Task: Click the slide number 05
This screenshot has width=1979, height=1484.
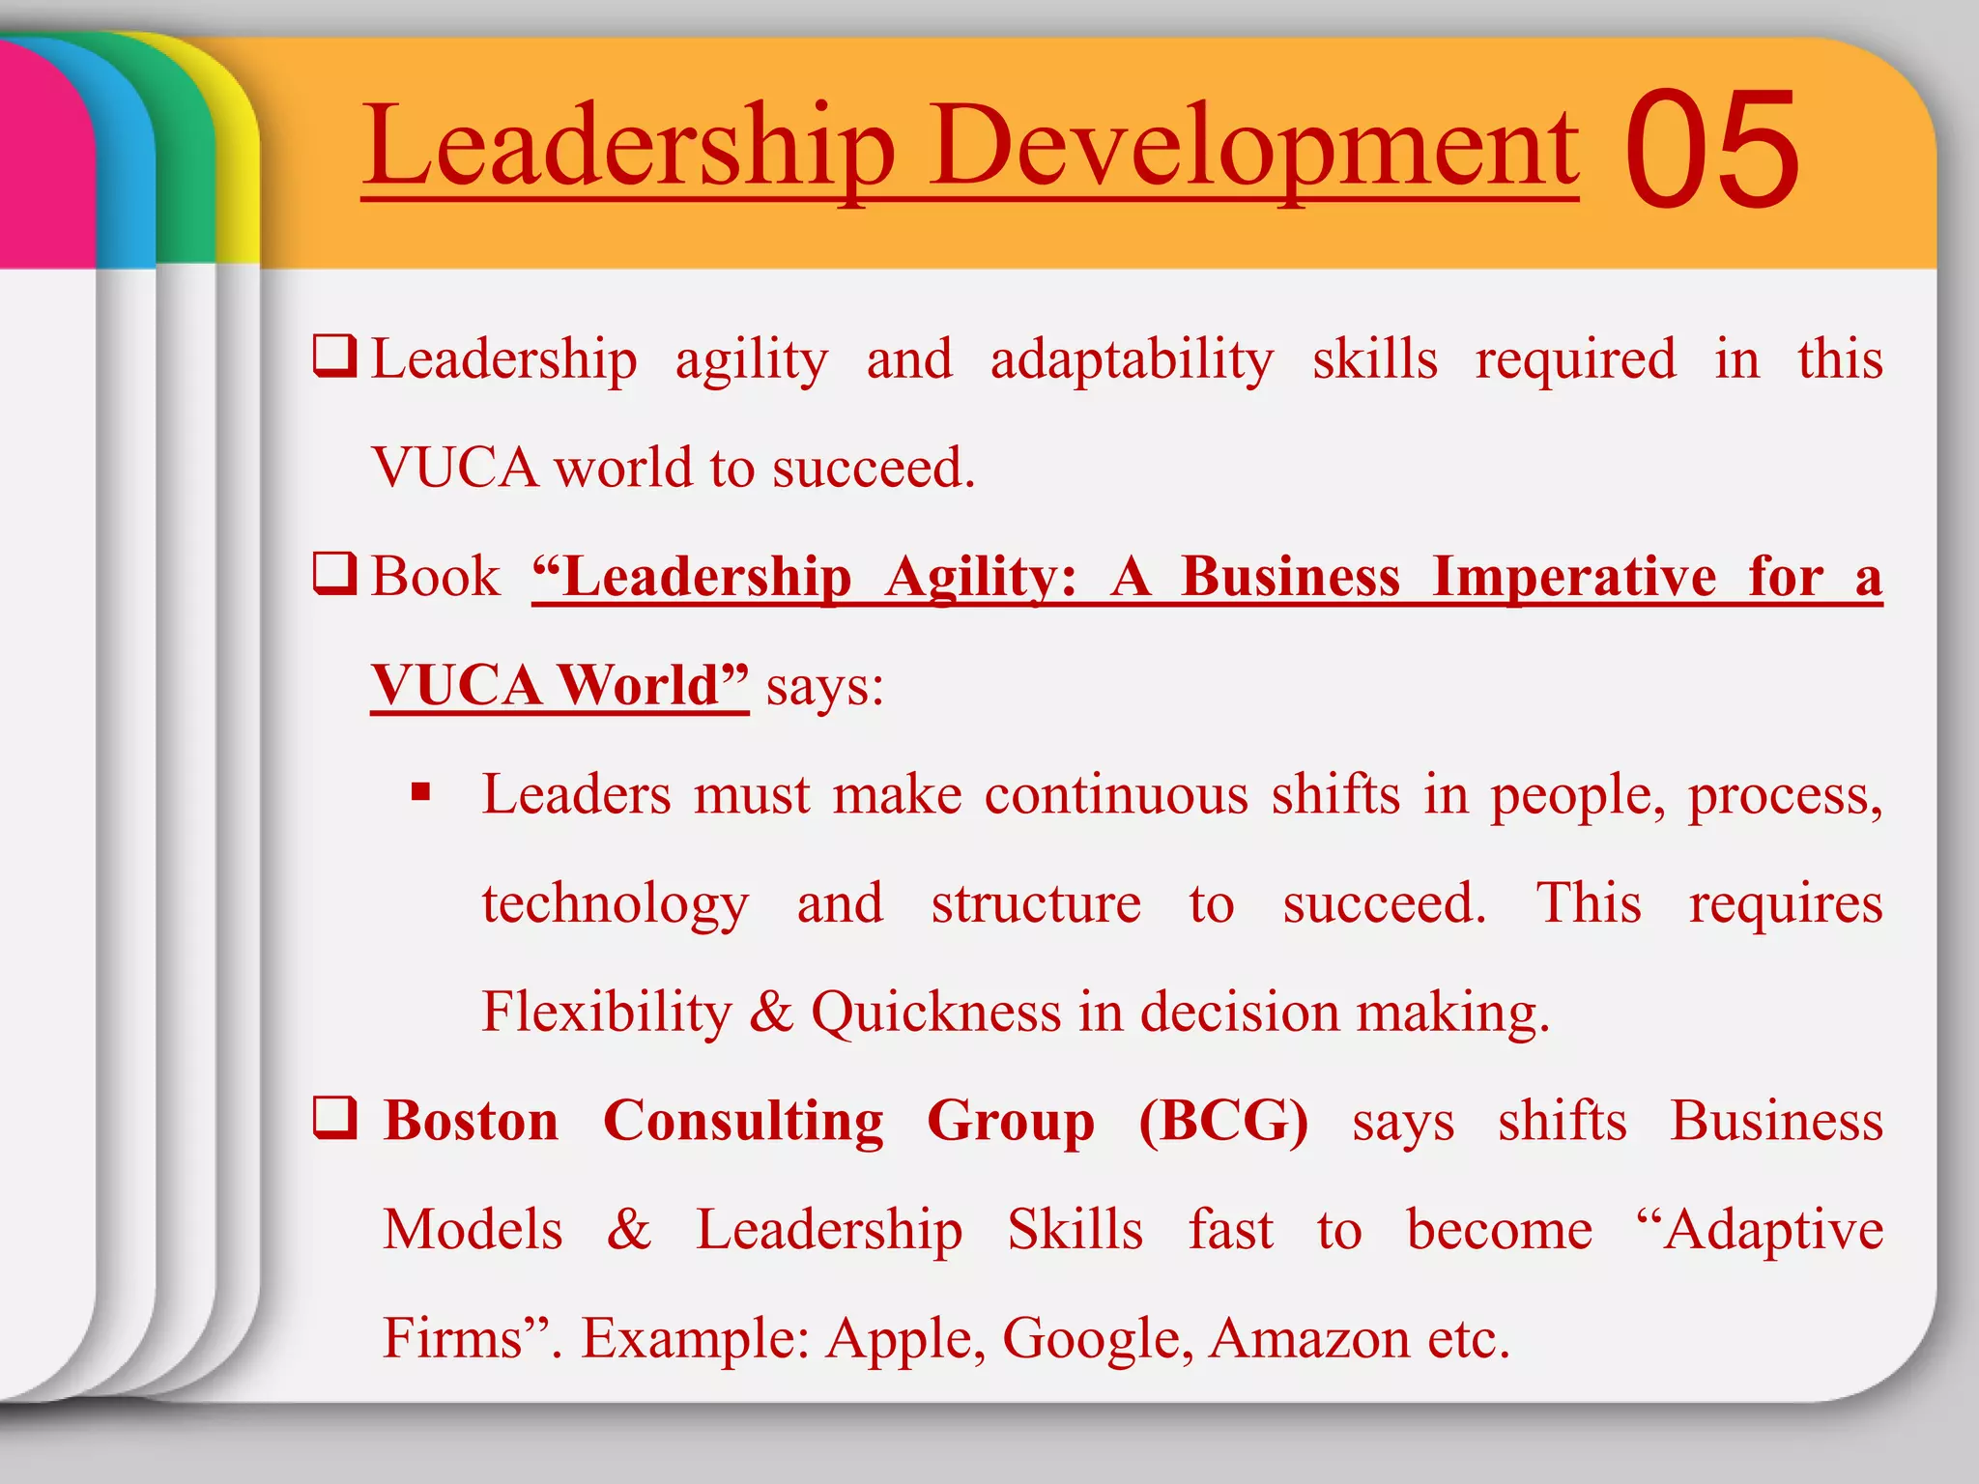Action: pyautogui.click(x=1711, y=149)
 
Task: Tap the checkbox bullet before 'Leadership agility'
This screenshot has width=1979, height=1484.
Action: pyautogui.click(x=335, y=357)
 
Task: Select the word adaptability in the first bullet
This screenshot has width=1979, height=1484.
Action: pyautogui.click(x=1132, y=360)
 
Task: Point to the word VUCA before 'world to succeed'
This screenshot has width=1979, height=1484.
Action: pyautogui.click(x=454, y=468)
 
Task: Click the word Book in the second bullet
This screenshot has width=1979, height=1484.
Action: pyautogui.click(x=435, y=577)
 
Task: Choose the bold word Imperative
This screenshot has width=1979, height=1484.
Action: pyautogui.click(x=1574, y=577)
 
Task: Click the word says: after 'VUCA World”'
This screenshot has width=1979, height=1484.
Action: pyautogui.click(x=824, y=687)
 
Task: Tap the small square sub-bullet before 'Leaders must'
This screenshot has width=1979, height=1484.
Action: pyautogui.click(x=420, y=793)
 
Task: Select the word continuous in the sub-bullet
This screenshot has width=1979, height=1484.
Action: pyautogui.click(x=1116, y=795)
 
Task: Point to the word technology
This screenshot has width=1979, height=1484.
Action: pyautogui.click(x=615, y=904)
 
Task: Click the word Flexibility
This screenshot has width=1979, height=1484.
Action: pyautogui.click(x=607, y=1013)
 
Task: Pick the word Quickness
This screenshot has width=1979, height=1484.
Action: pyautogui.click(x=935, y=1013)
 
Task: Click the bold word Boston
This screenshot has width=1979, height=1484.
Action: pyautogui.click(x=471, y=1121)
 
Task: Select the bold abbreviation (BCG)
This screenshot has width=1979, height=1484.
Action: pyautogui.click(x=1223, y=1121)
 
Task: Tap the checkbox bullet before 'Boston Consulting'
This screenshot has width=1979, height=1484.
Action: pyautogui.click(x=335, y=1118)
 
